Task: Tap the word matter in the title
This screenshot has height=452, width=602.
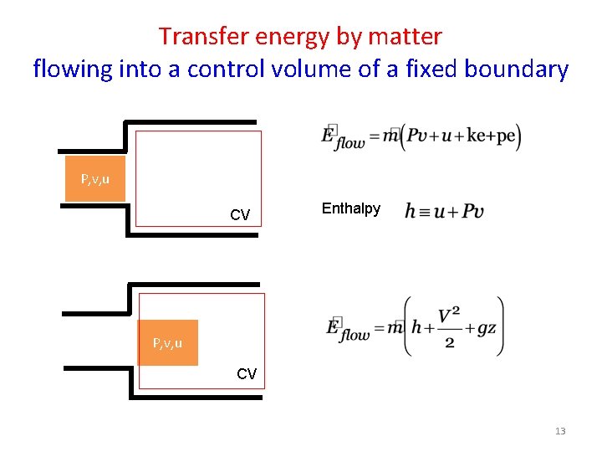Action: click(404, 36)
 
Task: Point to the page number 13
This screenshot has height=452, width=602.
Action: click(560, 431)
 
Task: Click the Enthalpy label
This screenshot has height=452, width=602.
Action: click(350, 208)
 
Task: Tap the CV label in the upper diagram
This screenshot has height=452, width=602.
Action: click(240, 215)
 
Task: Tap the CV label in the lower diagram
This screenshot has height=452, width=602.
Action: click(247, 374)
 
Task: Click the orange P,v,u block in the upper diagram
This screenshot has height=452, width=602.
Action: click(95, 179)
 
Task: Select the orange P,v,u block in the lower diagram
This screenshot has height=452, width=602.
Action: click(168, 343)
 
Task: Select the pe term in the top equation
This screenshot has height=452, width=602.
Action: click(506, 136)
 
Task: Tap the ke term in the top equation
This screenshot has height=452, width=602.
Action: click(475, 136)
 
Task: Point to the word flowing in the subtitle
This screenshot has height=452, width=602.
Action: click(72, 69)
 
